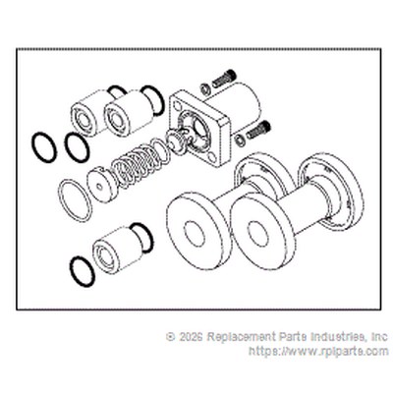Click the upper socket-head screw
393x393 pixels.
[x=224, y=79]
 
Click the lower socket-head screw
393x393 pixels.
[x=258, y=130]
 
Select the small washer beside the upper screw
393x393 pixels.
[x=205, y=87]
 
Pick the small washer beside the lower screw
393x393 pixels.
[x=240, y=140]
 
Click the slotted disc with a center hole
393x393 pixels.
[x=100, y=185]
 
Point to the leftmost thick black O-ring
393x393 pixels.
[x=44, y=147]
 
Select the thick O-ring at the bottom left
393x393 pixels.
[x=83, y=272]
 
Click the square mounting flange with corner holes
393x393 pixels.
[x=199, y=128]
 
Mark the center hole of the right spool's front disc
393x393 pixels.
[x=258, y=233]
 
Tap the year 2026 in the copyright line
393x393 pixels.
[x=191, y=336]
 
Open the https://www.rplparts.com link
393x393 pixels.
[x=318, y=352]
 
